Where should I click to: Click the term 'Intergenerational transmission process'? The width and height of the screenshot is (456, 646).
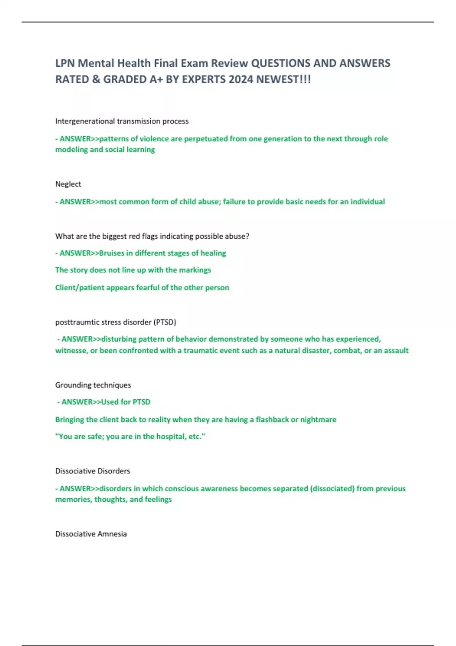coord(122,121)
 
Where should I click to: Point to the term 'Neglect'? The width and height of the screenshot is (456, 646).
coord(68,184)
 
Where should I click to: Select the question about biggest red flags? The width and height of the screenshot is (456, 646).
coord(152,236)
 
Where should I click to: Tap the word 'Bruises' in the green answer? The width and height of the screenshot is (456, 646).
coord(111,253)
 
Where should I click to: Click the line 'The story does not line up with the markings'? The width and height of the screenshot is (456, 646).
coord(133,270)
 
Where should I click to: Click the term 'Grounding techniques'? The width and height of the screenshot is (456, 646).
coord(93,385)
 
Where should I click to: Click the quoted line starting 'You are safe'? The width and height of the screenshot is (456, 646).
coord(130,437)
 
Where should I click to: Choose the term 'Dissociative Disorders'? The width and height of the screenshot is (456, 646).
coord(92,471)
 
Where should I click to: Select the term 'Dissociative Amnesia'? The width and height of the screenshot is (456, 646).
coord(91,534)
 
